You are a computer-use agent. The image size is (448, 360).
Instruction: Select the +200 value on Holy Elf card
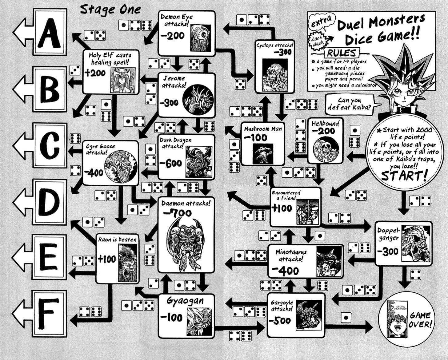[x=96, y=73]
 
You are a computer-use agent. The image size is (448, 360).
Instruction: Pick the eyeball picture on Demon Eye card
[x=200, y=36]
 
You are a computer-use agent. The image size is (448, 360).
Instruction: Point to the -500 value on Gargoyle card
[x=279, y=321]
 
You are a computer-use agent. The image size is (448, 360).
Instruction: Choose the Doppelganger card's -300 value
[x=388, y=251]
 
